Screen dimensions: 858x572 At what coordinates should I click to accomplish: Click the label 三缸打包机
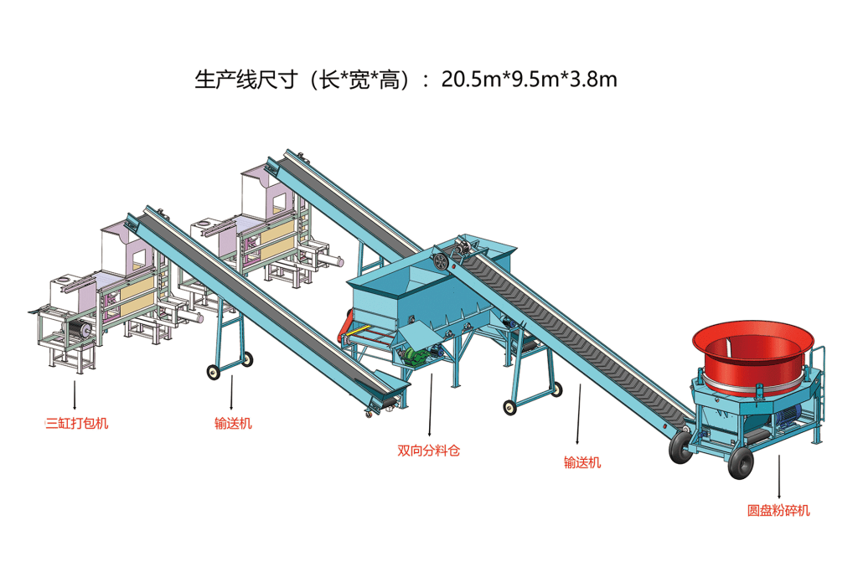pyautogui.click(x=77, y=423)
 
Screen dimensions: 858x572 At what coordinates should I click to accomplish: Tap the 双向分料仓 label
pyautogui.click(x=428, y=451)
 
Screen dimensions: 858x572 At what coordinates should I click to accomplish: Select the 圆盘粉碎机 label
pyautogui.click(x=778, y=510)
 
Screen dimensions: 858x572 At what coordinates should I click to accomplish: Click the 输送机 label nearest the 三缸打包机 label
pyautogui.click(x=233, y=423)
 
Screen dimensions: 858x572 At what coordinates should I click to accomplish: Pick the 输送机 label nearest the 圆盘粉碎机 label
pyautogui.click(x=582, y=462)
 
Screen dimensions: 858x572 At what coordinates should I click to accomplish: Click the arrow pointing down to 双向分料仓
pyautogui.click(x=430, y=405)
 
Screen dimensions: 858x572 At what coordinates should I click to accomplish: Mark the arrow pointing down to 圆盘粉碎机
pyautogui.click(x=778, y=476)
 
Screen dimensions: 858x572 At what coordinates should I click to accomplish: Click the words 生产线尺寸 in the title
pyautogui.click(x=246, y=80)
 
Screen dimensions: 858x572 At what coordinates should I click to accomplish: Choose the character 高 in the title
pyautogui.click(x=390, y=80)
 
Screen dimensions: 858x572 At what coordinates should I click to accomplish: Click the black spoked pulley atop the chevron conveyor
pyautogui.click(x=440, y=261)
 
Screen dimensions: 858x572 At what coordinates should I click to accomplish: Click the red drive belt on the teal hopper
pyautogui.click(x=344, y=327)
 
